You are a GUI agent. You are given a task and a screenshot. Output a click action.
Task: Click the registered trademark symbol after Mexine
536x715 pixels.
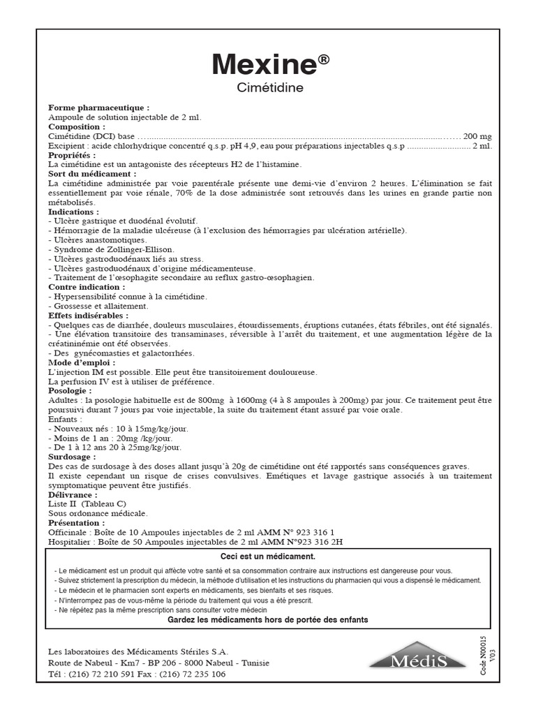click(324, 60)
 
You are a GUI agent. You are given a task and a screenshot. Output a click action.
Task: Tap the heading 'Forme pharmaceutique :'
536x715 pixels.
click(98, 108)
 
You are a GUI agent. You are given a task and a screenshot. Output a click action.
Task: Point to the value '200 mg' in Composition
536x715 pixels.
click(477, 136)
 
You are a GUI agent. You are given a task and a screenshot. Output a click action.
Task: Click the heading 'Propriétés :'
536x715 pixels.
click(72, 155)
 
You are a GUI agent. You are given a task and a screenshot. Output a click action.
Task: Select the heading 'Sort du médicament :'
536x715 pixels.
click(93, 173)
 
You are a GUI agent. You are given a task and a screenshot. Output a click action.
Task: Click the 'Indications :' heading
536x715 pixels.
click(73, 211)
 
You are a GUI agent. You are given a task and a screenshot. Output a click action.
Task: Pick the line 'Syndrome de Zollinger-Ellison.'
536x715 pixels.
click(111, 249)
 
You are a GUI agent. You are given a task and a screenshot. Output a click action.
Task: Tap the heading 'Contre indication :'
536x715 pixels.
click(87, 287)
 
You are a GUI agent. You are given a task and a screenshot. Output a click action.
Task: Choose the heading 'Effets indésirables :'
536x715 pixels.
click(89, 316)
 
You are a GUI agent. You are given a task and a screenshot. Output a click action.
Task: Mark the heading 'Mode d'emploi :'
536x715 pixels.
click(82, 362)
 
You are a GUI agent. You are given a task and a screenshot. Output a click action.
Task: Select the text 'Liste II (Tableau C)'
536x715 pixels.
click(87, 503)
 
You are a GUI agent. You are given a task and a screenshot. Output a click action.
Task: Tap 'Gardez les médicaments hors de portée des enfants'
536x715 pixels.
click(268, 619)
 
